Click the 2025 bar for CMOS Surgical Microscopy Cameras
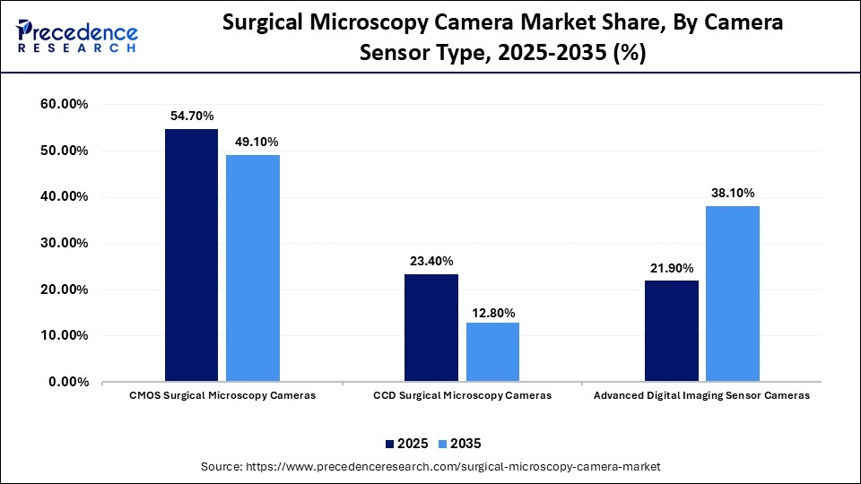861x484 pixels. click(191, 255)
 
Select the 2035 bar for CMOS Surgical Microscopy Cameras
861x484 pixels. click(252, 268)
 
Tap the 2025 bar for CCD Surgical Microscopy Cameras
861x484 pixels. click(431, 328)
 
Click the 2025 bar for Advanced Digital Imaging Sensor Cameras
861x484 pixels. click(672, 331)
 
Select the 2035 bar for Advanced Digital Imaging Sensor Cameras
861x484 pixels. click(733, 294)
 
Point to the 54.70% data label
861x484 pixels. click(191, 117)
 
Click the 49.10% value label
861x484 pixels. click(253, 142)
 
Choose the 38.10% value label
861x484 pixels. click(733, 193)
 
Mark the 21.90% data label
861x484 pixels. click(672, 268)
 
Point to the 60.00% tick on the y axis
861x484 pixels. click(65, 105)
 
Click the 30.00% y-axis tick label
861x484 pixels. click(65, 244)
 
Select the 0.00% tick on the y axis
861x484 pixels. click(68, 383)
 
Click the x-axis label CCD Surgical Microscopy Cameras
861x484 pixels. click(462, 395)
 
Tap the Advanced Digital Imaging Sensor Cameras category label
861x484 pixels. click(702, 395)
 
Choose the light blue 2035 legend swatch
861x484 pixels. click(441, 444)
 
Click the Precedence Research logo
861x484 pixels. click(77, 37)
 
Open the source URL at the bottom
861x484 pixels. click(430, 467)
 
